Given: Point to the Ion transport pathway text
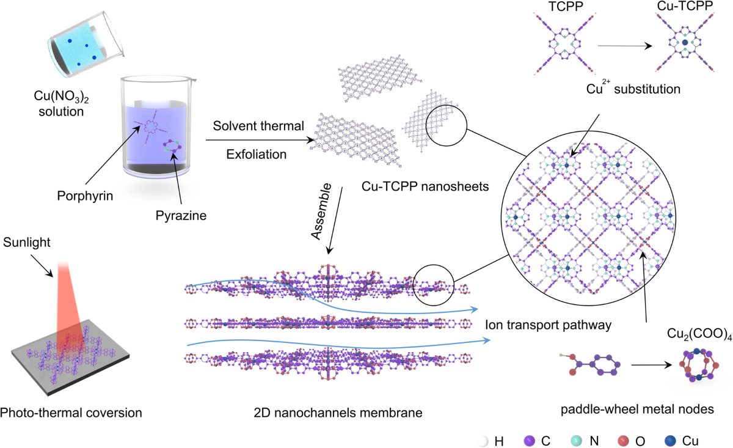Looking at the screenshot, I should tap(547, 325).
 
